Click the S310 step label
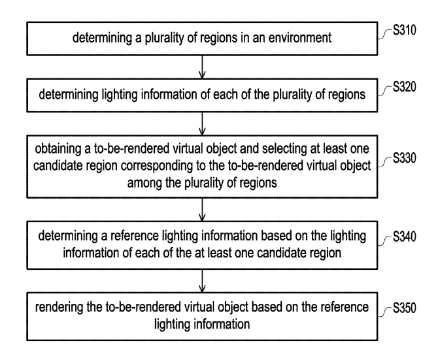point(405,30)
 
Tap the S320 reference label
point(405,87)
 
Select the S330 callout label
point(405,158)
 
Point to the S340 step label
point(405,237)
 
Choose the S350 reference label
point(405,308)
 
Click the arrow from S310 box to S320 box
point(202,67)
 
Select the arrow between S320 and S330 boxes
point(202,124)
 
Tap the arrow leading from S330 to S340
point(202,210)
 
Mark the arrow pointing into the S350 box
point(202,281)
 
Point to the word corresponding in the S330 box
point(156,167)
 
